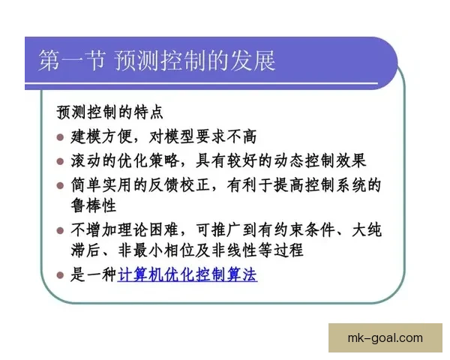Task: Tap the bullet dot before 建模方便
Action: coord(61,137)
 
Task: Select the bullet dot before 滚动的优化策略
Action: coord(61,161)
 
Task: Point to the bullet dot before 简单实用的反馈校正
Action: coord(61,185)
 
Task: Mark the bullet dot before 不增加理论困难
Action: coord(61,230)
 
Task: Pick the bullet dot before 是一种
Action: coord(61,275)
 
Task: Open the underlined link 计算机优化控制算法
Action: coord(187,275)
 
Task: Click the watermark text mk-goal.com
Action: coord(385,337)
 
